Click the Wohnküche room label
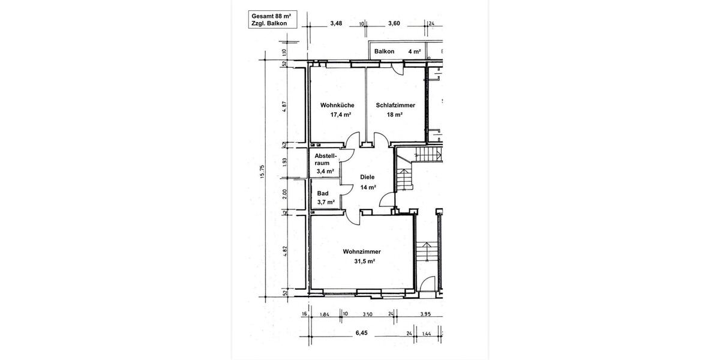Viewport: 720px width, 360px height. coord(337,105)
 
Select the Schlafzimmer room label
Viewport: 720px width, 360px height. coord(395,105)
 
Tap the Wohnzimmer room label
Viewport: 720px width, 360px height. coord(362,252)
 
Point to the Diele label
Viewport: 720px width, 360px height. coord(367,177)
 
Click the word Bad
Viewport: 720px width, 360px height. coord(323,193)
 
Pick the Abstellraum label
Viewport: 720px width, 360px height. coord(326,159)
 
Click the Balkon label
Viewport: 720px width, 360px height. coord(384,52)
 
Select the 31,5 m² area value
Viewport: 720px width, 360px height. coord(364,262)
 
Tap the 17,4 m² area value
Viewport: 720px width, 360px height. coord(340,115)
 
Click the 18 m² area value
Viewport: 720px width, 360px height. coord(394,115)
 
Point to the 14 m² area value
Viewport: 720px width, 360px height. coord(368,187)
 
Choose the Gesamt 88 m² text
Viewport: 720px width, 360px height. coord(271,16)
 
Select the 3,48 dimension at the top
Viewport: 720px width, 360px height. coord(336,23)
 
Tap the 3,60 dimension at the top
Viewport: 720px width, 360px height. coord(394,23)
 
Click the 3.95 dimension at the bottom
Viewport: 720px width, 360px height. coord(425,314)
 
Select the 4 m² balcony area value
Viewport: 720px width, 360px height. coord(414,52)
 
